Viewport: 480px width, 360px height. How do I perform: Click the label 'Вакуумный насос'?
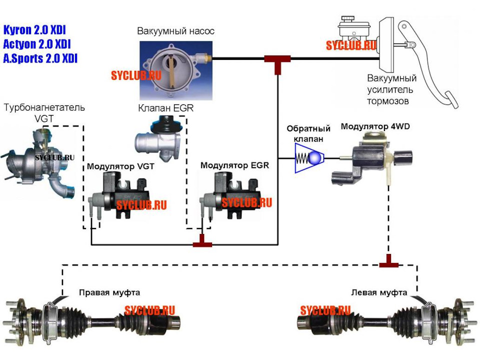tap(175, 31)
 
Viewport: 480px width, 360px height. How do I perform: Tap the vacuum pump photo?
tap(176, 70)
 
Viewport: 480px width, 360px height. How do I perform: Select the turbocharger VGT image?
tap(38, 163)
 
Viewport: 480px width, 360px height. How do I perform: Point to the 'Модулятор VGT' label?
tap(120, 166)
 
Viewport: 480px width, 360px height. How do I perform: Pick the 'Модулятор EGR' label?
tap(235, 165)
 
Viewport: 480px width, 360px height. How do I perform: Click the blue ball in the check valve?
tap(315, 158)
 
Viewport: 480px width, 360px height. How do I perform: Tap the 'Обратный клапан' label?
tap(308, 134)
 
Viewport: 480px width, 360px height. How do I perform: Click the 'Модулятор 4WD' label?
tap(375, 126)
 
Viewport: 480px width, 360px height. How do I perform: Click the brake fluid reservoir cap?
tap(347, 19)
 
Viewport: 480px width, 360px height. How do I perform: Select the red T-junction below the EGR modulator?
tap(202, 240)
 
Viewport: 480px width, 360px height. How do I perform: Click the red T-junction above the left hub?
tap(389, 261)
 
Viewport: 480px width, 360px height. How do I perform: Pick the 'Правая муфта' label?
tap(109, 292)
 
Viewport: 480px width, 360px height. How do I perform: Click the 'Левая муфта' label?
tap(379, 292)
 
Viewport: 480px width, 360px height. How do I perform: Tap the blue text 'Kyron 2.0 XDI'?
tap(34, 30)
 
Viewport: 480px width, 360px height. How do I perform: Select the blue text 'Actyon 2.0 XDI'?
tap(37, 44)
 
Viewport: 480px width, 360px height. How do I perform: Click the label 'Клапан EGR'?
tap(165, 108)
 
